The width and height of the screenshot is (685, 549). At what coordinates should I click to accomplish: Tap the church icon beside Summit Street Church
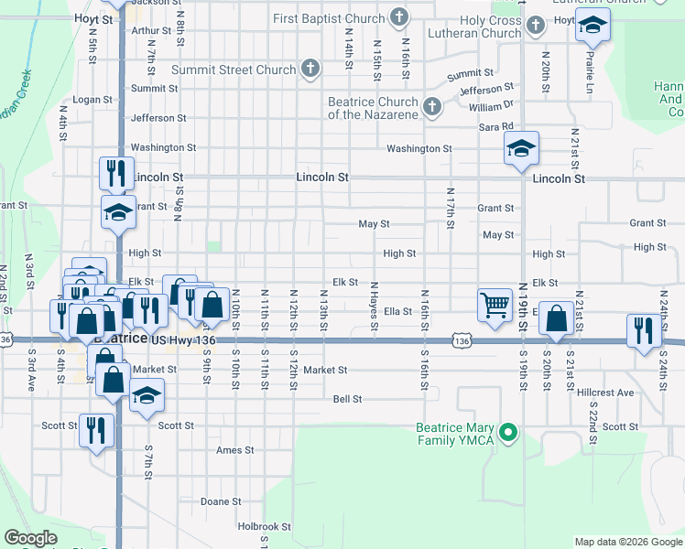click(x=310, y=69)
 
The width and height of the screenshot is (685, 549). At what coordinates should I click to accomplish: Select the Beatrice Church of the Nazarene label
click(x=373, y=108)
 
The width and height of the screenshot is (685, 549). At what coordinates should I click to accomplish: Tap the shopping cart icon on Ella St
click(x=495, y=304)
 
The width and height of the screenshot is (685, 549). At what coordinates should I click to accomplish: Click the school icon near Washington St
click(x=521, y=148)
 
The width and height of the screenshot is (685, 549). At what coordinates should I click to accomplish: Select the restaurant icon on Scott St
click(x=95, y=430)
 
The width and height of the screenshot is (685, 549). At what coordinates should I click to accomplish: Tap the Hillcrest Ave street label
click(x=605, y=393)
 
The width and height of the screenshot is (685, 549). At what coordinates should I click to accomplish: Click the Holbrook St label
click(x=264, y=527)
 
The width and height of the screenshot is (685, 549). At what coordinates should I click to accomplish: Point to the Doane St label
click(x=221, y=501)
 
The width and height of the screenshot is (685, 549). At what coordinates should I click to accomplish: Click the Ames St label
click(x=235, y=450)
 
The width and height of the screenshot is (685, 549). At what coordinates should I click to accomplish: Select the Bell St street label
click(x=347, y=400)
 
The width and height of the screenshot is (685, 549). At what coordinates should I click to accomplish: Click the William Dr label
click(x=491, y=107)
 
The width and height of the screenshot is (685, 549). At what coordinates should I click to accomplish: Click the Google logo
click(x=30, y=538)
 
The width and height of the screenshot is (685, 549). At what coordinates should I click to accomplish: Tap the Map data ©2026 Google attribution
click(x=627, y=542)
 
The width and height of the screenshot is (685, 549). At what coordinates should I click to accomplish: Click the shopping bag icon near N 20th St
click(x=556, y=319)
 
